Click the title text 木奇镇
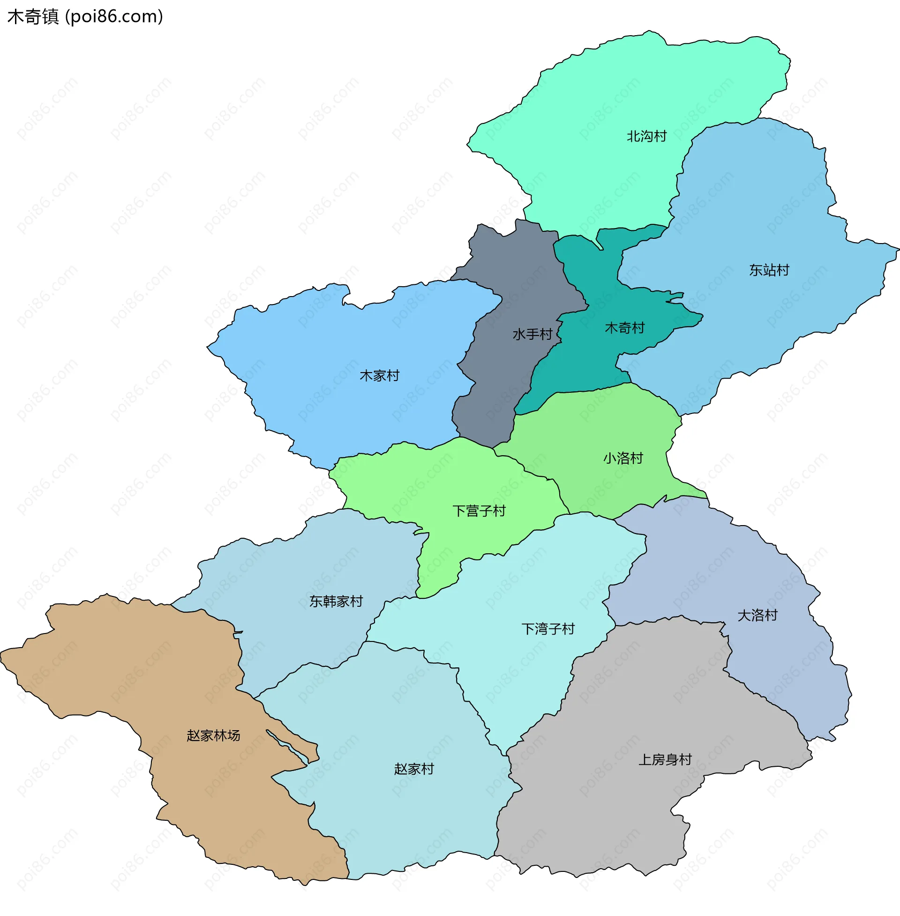click(x=33, y=16)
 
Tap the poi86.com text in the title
click(x=114, y=16)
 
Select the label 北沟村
click(x=646, y=136)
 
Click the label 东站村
click(x=769, y=270)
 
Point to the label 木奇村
click(x=624, y=328)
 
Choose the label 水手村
click(x=532, y=335)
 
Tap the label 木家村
click(x=379, y=376)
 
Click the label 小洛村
click(x=622, y=458)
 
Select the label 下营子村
click(x=479, y=511)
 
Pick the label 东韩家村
click(x=336, y=602)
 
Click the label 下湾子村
click(x=548, y=629)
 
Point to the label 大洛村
click(x=757, y=616)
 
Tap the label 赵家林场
click(x=213, y=735)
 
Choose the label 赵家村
click(x=413, y=769)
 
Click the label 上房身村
click(x=665, y=759)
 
